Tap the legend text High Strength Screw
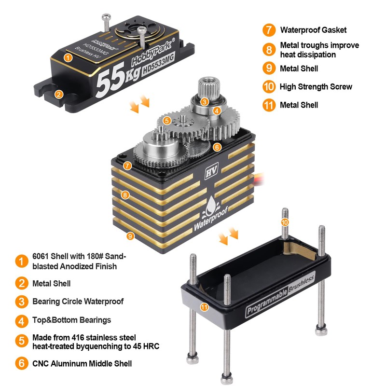(x=316, y=87)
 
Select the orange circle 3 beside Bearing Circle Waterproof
(x=21, y=302)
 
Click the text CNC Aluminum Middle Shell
(x=82, y=363)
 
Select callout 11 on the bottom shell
(x=205, y=306)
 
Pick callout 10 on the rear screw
(x=285, y=222)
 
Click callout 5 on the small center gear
(x=167, y=120)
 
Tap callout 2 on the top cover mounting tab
(x=58, y=94)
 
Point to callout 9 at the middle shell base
(x=129, y=236)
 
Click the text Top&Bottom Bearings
(x=71, y=320)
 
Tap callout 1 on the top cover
(x=68, y=58)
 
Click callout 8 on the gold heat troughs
(x=125, y=195)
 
